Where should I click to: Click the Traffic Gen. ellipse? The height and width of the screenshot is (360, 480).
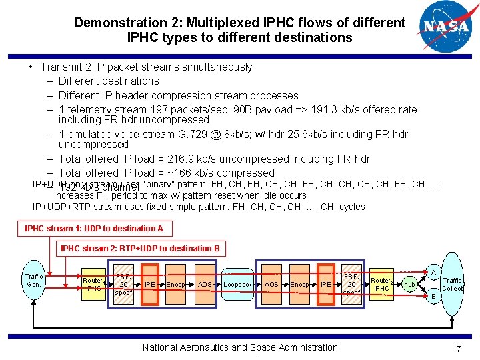[x=34, y=280]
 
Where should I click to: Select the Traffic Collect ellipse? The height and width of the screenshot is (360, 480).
[x=452, y=284]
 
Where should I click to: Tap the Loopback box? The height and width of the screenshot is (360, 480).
[x=237, y=284]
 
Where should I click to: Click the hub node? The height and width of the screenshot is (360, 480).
[x=409, y=285]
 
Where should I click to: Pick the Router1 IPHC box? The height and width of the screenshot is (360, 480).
[x=93, y=285]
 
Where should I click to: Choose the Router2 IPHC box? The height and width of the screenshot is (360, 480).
[x=381, y=285]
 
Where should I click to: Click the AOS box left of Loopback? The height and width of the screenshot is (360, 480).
[x=205, y=284]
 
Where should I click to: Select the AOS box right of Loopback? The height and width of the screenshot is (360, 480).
[x=271, y=284]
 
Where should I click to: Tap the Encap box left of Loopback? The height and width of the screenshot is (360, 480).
[x=175, y=284]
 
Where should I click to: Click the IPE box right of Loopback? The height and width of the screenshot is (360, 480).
[x=326, y=284]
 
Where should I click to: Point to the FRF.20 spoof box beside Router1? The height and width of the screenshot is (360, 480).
[x=123, y=284]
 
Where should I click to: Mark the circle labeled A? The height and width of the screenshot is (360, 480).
[x=433, y=272]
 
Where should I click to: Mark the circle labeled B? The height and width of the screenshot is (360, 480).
[x=433, y=296]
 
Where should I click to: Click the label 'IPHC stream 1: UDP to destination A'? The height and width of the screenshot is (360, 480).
[x=94, y=229]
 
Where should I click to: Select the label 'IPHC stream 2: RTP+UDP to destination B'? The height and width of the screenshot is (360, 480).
[x=140, y=249]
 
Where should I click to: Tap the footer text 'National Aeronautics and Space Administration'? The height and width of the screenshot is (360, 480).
[x=240, y=347]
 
